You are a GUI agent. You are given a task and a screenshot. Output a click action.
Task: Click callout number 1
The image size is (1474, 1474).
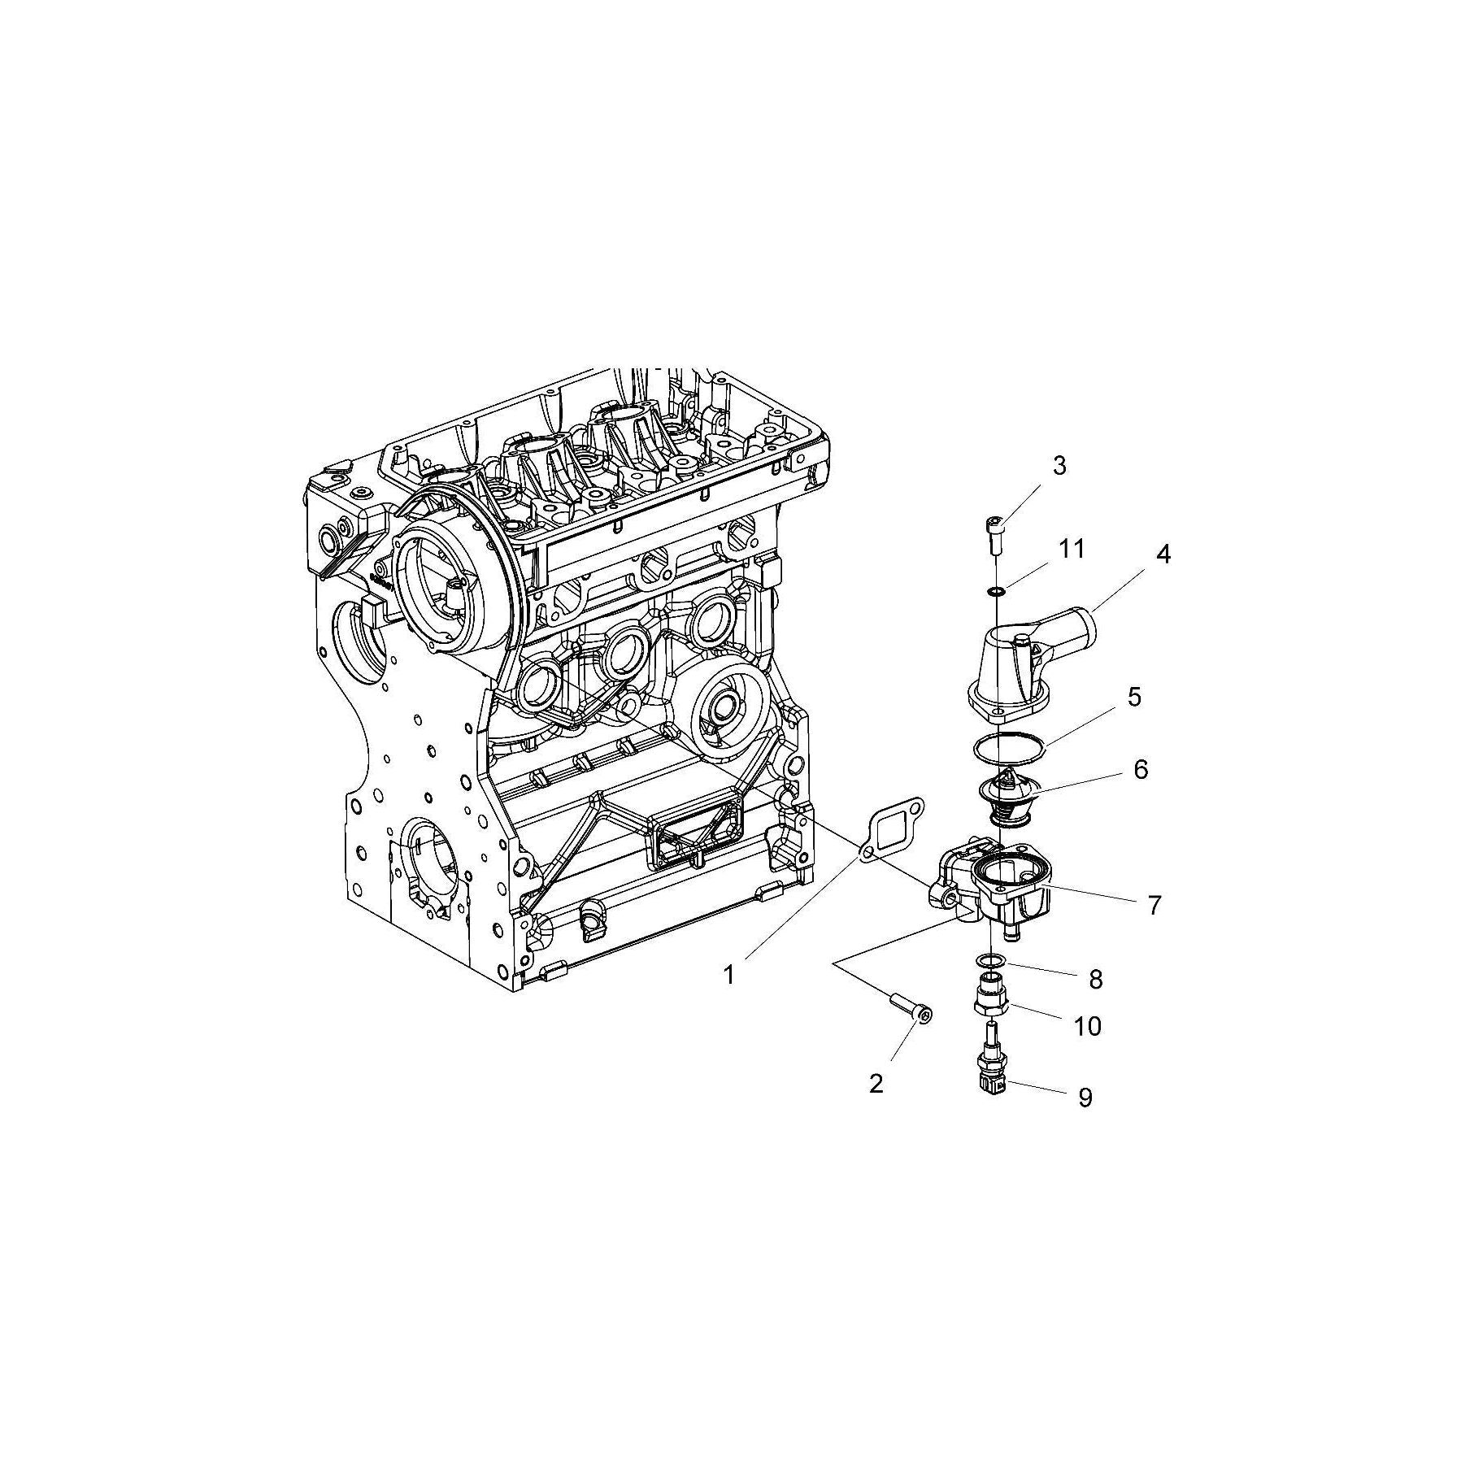tap(729, 974)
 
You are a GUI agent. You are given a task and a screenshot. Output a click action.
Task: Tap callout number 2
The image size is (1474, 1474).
tap(876, 1083)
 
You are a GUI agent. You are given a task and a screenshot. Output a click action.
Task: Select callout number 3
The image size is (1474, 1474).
tap(1059, 466)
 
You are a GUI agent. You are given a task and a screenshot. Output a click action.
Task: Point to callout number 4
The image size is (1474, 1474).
tap(1163, 555)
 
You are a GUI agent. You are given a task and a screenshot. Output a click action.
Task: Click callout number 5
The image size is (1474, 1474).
tap(1134, 697)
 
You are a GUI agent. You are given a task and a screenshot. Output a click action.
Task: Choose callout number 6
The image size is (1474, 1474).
tap(1141, 768)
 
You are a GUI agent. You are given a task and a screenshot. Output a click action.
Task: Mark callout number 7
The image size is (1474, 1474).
tap(1154, 904)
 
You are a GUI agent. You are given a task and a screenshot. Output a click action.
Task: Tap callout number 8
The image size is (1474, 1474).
tap(1095, 980)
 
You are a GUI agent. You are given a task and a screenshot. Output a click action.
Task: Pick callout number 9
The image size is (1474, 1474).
tap(1085, 1098)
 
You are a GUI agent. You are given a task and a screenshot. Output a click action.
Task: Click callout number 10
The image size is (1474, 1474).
tap(1087, 1026)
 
